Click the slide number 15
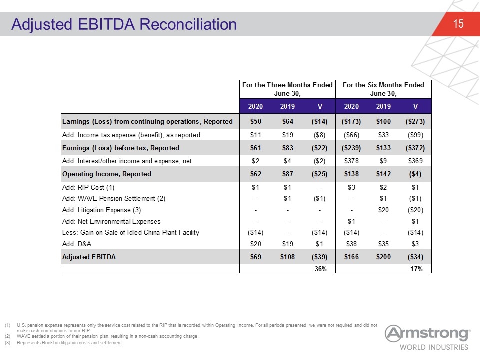click(x=458, y=24)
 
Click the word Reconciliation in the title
click(x=188, y=24)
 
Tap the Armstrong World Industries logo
click(x=427, y=338)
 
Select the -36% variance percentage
click(x=319, y=269)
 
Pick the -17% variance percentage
click(x=415, y=269)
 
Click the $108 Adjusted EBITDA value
click(x=287, y=257)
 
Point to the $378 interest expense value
click(x=351, y=161)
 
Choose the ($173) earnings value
click(x=351, y=121)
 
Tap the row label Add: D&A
click(x=77, y=244)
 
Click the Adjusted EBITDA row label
click(x=89, y=257)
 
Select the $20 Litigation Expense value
click(x=383, y=210)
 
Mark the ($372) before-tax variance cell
click(x=415, y=148)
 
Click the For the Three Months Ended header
click(x=287, y=85)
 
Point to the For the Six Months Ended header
click(x=383, y=85)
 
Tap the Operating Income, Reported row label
click(x=107, y=174)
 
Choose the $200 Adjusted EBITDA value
click(x=383, y=257)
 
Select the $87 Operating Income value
click(x=287, y=174)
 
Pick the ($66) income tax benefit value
click(x=351, y=135)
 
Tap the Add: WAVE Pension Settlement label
click(x=114, y=198)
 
